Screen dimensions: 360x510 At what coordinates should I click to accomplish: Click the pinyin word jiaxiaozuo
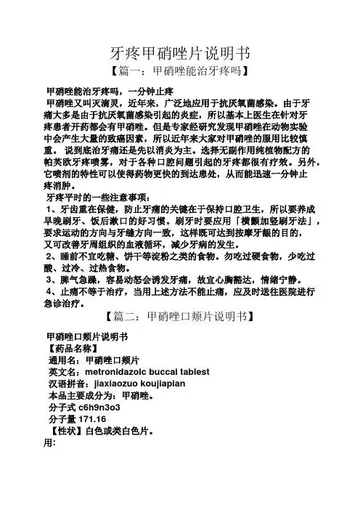(115, 384)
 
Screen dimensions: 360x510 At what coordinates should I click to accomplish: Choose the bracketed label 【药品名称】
(70, 347)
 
